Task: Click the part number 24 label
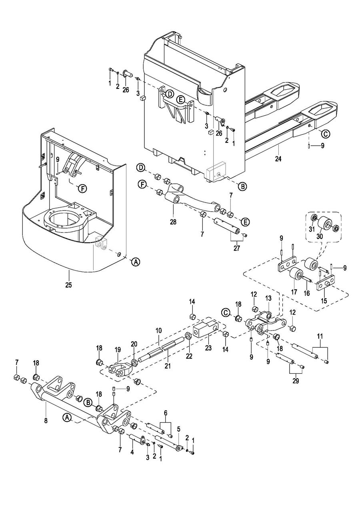[278, 159]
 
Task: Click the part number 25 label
[68, 286]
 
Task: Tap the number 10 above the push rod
[158, 331]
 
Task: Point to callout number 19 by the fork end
[118, 349]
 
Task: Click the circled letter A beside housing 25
[136, 262]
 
